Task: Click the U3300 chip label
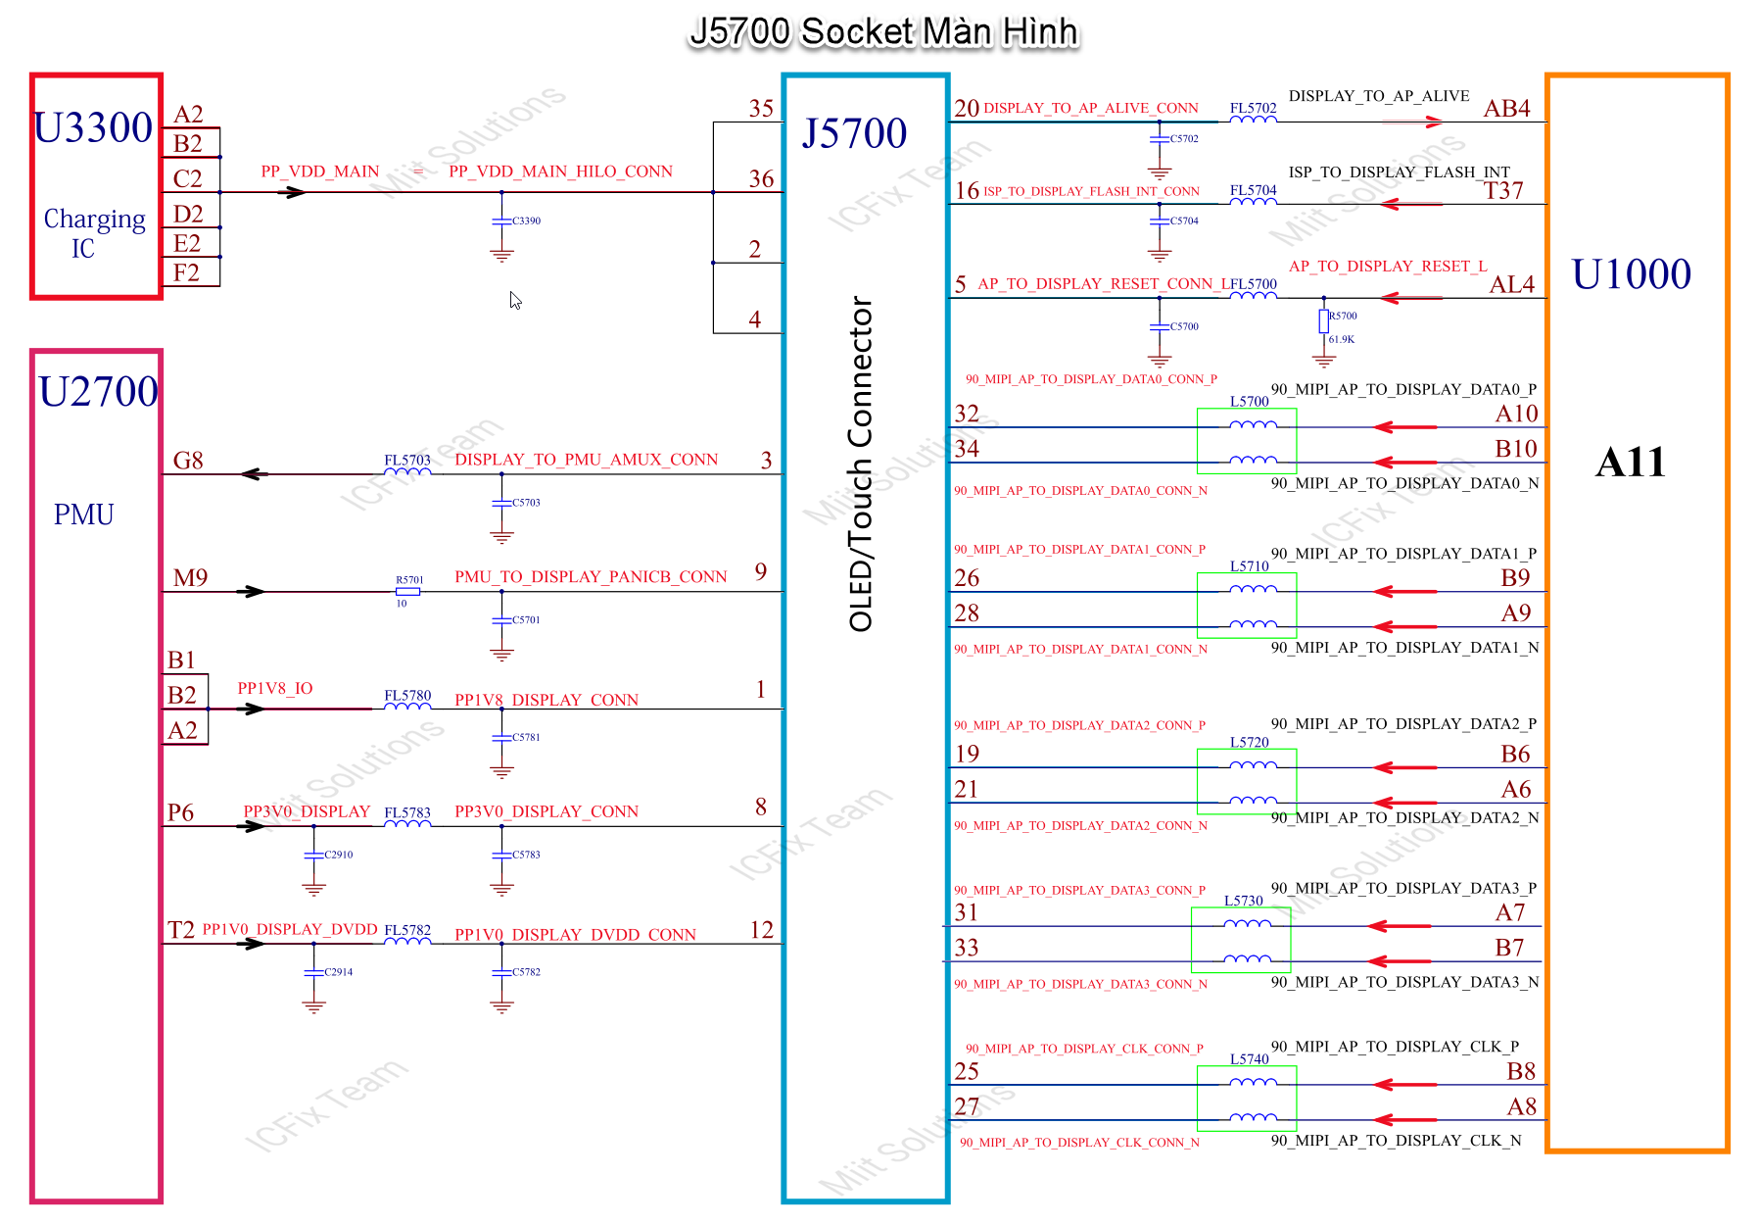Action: click(x=93, y=128)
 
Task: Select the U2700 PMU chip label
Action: click(x=98, y=392)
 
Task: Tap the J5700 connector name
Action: click(x=854, y=134)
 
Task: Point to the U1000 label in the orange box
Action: click(x=1631, y=274)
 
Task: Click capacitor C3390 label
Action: click(x=526, y=221)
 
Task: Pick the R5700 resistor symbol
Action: click(x=1323, y=320)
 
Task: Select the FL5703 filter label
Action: click(x=406, y=460)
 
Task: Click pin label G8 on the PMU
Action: click(x=187, y=461)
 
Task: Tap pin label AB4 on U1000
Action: click(x=1506, y=109)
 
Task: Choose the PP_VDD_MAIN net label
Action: click(x=319, y=171)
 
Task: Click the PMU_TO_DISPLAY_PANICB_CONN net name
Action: click(x=591, y=577)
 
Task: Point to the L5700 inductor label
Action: click(x=1249, y=402)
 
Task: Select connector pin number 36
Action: click(x=761, y=179)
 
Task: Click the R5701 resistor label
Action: click(x=409, y=580)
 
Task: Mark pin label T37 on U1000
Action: click(x=1503, y=191)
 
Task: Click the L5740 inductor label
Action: click(x=1249, y=1059)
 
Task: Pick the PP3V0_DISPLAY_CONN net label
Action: click(x=546, y=812)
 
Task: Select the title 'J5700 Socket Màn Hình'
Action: click(x=883, y=32)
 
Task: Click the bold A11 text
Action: click(x=1630, y=463)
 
